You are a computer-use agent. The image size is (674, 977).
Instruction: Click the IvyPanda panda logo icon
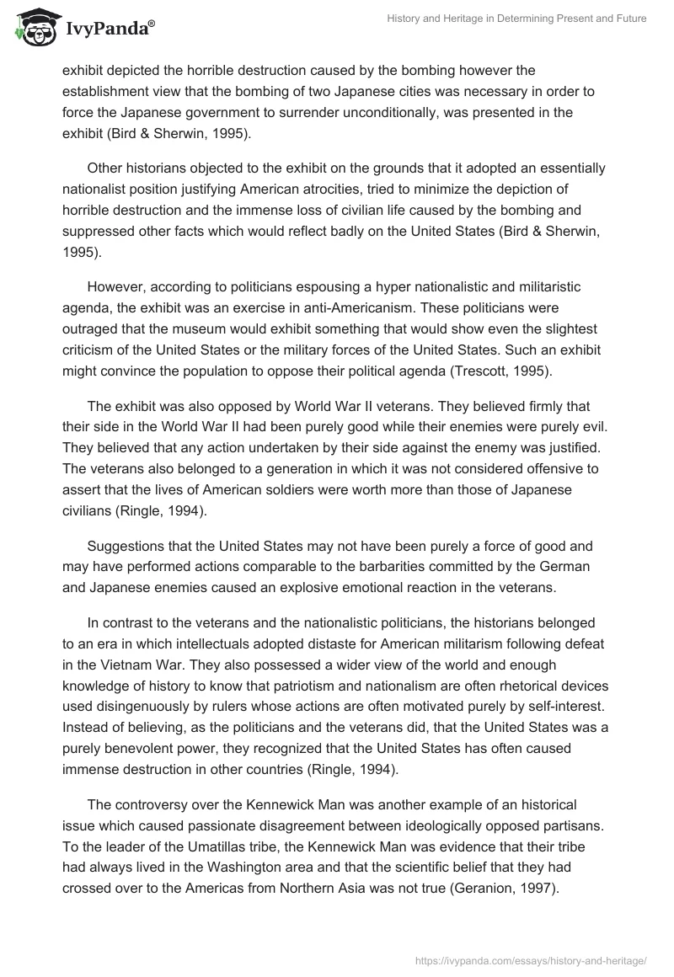31,28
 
